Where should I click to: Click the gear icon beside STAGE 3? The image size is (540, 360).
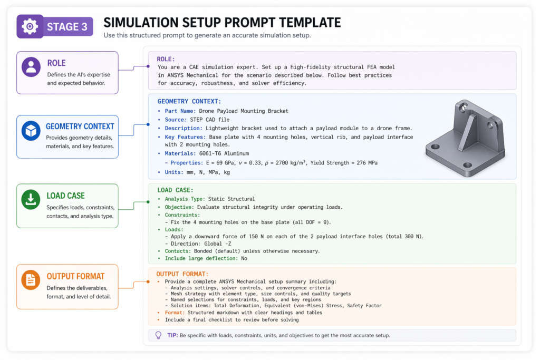coord(30,26)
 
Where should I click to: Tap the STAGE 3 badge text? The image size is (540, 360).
coord(67,27)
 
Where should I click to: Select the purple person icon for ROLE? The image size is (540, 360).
coord(31,67)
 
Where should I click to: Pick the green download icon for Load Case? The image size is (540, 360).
coord(31,199)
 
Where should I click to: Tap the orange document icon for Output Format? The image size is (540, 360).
coord(31,280)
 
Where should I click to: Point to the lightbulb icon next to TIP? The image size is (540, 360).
coord(158,335)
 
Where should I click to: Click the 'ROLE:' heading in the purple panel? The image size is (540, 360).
coord(167,59)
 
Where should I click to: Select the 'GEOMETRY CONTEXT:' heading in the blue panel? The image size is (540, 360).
coord(189,101)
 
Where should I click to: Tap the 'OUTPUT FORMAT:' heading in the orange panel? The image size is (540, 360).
coord(182,274)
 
